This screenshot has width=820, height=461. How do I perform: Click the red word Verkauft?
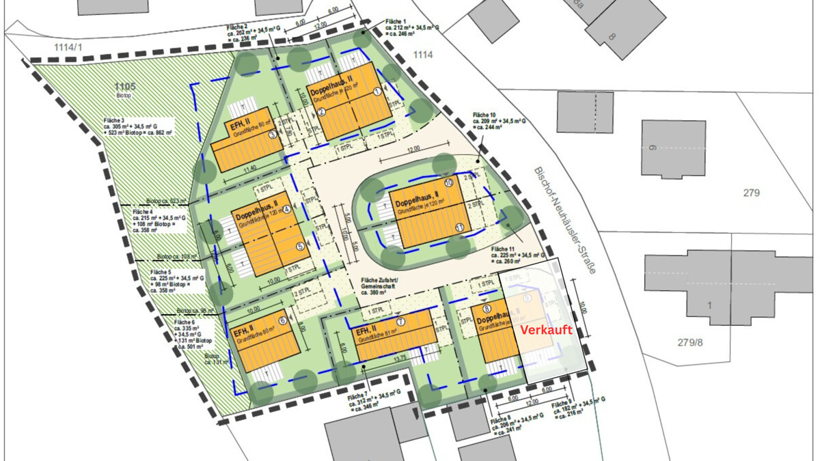coord(546,330)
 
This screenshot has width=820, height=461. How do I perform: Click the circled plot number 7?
coord(400,322)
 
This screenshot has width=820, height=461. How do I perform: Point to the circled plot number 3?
coord(272,135)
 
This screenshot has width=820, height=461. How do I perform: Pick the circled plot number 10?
coord(448,183)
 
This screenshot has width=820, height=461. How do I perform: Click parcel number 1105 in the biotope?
coord(126,85)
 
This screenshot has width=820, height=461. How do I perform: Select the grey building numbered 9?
coord(672,148)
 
